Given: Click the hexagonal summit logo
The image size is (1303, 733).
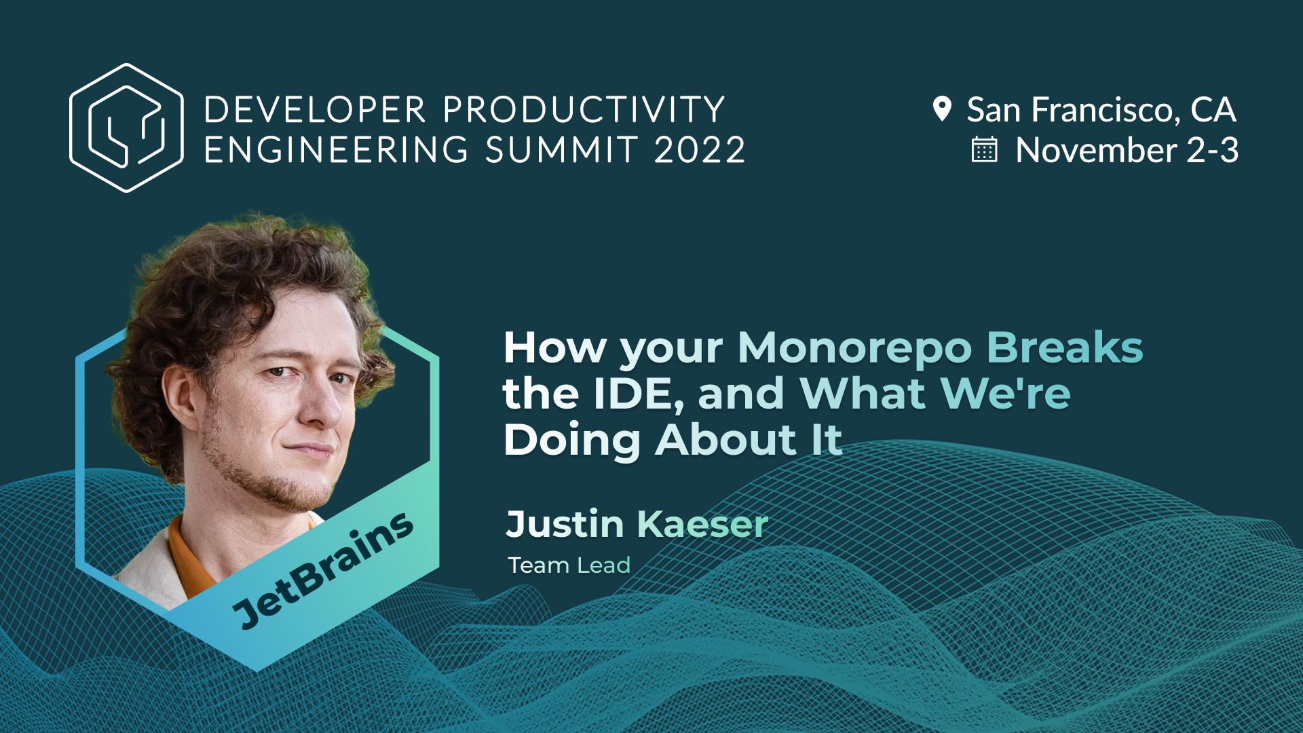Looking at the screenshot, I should [x=126, y=128].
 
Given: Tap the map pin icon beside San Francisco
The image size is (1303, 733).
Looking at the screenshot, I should [x=942, y=109].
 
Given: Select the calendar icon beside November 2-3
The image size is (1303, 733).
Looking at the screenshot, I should [x=984, y=150].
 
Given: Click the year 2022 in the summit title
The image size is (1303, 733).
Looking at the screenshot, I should [x=700, y=150].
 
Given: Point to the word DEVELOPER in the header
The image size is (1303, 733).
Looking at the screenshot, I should [x=315, y=110].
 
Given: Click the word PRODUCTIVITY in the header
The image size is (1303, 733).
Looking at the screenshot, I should [x=584, y=110].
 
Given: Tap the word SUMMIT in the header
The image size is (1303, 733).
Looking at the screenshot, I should [x=562, y=150].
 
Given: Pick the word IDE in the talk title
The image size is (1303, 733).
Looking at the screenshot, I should [x=635, y=394].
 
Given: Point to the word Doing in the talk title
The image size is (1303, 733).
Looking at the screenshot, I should [x=571, y=440].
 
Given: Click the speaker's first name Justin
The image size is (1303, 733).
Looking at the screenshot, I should [x=565, y=525].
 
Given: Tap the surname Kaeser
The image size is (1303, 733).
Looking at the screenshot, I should [x=702, y=525].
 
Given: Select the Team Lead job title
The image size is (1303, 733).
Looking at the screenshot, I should [x=569, y=565].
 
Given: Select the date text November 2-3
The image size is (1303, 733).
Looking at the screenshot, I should [x=1127, y=150].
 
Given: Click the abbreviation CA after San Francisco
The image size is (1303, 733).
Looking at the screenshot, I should [x=1213, y=110].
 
